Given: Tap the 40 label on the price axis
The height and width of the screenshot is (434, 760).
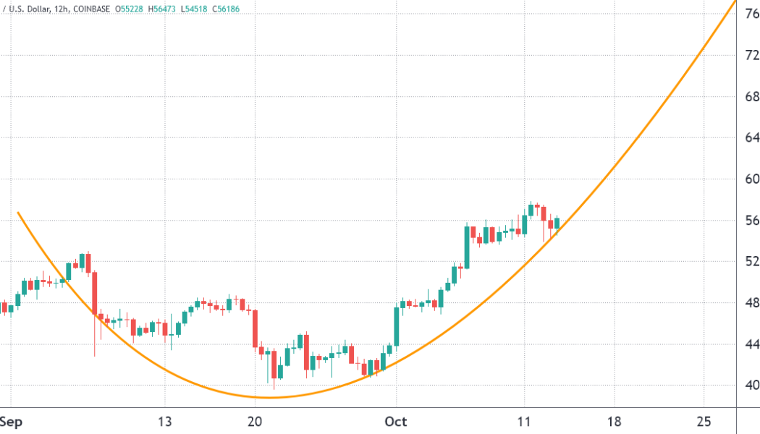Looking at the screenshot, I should [x=752, y=385].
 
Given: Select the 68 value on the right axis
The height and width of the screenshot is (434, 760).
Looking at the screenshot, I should [x=752, y=96].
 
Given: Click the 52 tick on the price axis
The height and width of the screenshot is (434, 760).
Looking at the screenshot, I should [x=752, y=261].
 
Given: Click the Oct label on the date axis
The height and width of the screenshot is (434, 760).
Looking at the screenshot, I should [x=396, y=422].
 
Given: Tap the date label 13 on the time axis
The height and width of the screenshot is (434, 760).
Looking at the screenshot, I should [x=165, y=422].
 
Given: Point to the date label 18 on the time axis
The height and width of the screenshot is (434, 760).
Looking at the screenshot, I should [x=615, y=422].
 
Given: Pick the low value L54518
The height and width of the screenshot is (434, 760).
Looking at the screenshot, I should [x=206, y=9].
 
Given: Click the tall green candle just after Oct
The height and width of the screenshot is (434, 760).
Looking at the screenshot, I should [x=397, y=326].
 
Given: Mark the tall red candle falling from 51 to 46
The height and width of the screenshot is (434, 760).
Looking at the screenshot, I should [x=94, y=293].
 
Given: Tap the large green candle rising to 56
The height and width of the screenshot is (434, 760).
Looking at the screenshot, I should [x=467, y=247].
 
